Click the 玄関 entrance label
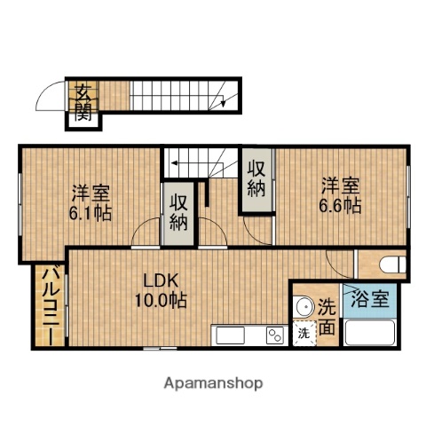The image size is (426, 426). tap(83, 101)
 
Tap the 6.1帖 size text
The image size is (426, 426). tap(91, 213)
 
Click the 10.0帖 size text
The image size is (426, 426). tap(161, 301)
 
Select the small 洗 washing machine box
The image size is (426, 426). tap(304, 334)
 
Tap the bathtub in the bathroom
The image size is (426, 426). tap(373, 334)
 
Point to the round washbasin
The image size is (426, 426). tap(304, 307)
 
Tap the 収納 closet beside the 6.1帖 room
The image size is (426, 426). tap(173, 213)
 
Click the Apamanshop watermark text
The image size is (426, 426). tap(213, 383)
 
